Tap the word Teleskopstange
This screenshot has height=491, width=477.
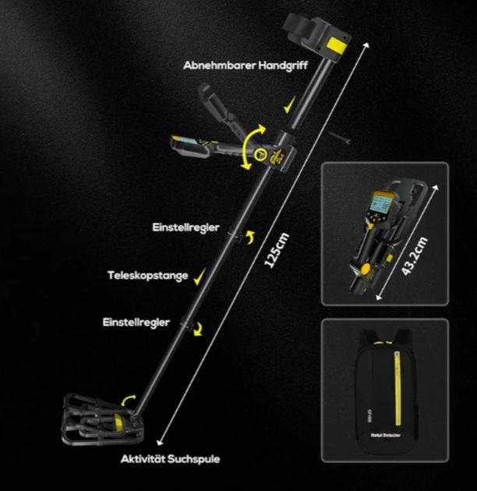pyautogui.click(x=148, y=275)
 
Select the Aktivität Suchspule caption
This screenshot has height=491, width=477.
pyautogui.click(x=170, y=459)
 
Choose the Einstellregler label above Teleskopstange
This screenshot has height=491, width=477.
pyautogui.click(x=185, y=228)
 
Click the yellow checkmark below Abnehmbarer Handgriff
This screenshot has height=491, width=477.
pyautogui.click(x=289, y=102)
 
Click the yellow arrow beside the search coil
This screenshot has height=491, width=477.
pyautogui.click(x=132, y=400)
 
